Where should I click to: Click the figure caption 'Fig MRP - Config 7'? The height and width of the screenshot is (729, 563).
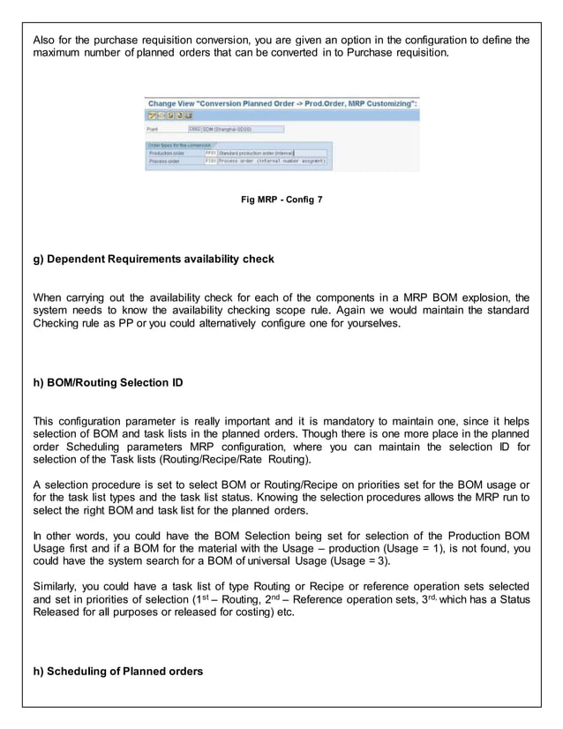point(281,200)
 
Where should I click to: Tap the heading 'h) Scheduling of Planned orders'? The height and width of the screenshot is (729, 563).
point(117,671)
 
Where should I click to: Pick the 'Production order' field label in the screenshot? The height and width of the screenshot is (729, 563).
point(165,152)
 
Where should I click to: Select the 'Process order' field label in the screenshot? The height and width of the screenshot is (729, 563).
point(163,162)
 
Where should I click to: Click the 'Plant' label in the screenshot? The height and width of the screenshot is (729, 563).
point(152,128)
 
